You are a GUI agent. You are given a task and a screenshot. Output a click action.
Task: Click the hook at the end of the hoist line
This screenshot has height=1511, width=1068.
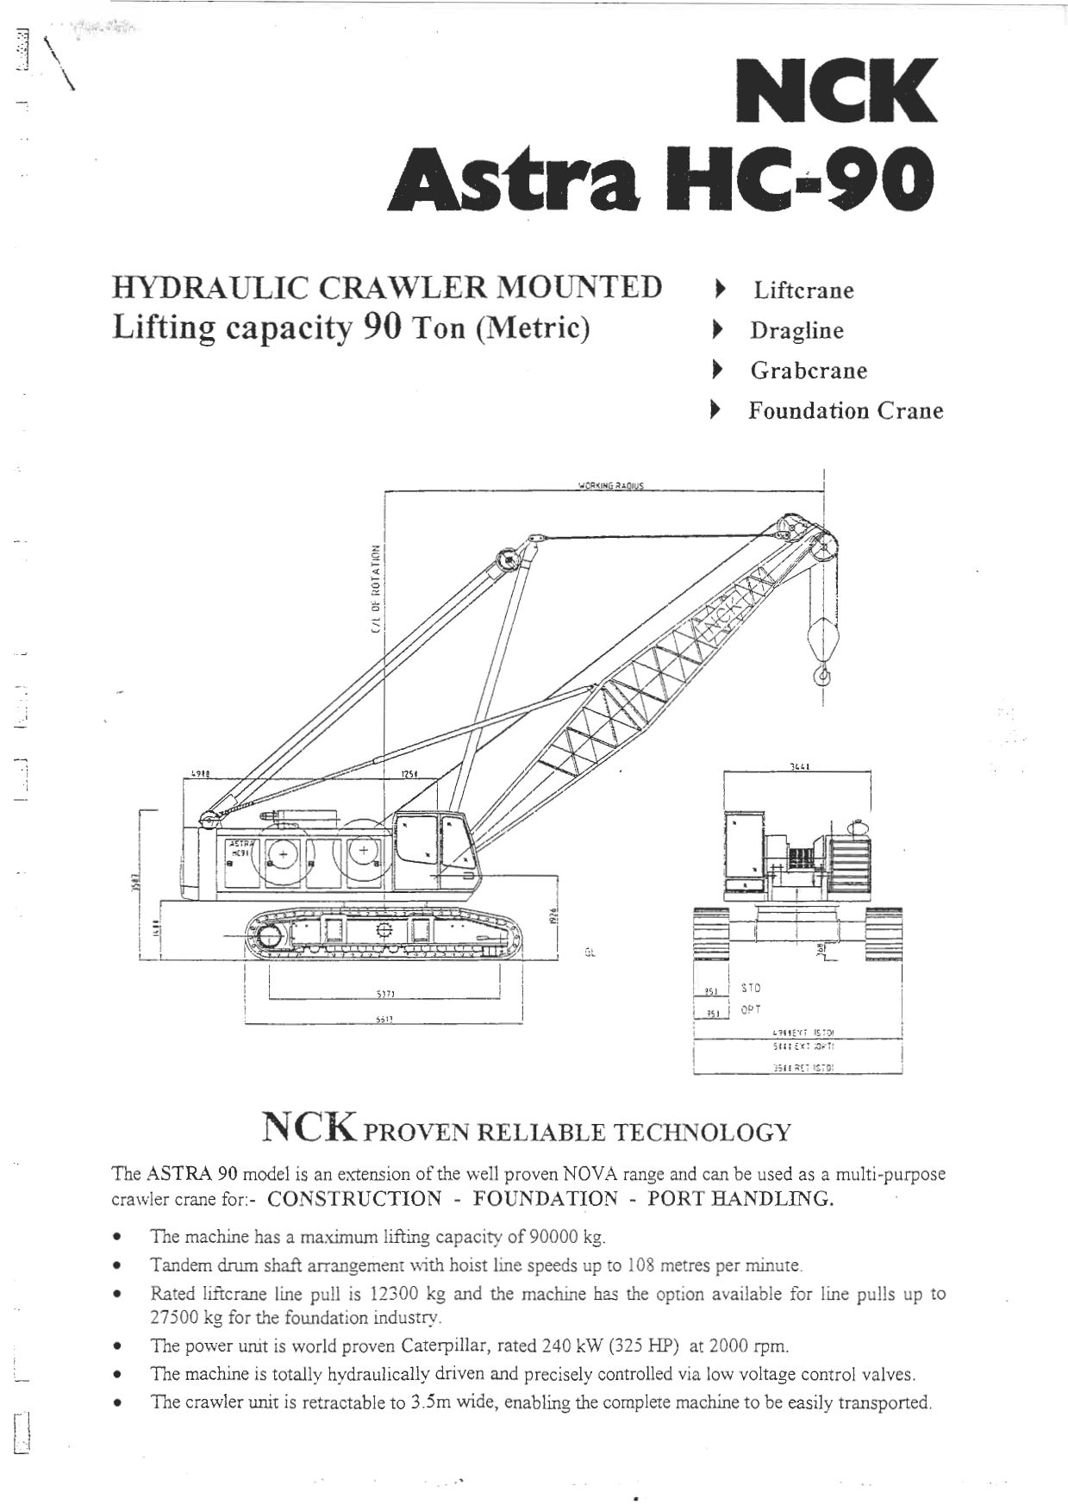(x=823, y=673)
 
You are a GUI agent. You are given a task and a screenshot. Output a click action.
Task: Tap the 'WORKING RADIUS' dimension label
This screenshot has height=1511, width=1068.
(x=610, y=486)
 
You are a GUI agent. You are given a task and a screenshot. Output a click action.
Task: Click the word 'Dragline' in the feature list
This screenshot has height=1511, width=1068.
(x=796, y=331)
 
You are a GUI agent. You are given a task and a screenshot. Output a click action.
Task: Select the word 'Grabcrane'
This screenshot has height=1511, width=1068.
(x=809, y=371)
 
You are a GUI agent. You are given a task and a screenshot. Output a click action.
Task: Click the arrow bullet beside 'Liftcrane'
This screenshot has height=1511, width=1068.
(x=717, y=290)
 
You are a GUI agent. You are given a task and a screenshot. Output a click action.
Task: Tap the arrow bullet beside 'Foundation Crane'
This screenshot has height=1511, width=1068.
(x=714, y=411)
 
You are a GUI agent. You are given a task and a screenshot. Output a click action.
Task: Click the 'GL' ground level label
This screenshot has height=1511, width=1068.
(x=590, y=953)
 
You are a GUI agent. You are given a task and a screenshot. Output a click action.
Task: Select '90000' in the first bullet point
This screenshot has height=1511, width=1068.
(x=553, y=1238)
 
